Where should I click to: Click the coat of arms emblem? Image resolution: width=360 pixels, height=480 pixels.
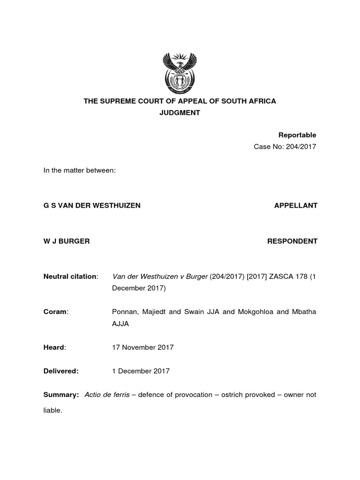tap(180, 74)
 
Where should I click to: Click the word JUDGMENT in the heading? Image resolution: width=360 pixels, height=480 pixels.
tap(180, 113)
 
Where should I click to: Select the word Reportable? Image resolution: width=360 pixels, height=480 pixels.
tap(297, 135)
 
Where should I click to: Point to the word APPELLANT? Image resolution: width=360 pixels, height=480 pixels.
tap(296, 206)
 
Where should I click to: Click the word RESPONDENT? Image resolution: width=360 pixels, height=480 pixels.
tap(292, 241)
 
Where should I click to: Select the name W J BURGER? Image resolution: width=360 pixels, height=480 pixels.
tap(67, 241)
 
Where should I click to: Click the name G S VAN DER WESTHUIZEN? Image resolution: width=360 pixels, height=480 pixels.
tap(92, 206)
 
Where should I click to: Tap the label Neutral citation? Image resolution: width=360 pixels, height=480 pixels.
tap(70, 277)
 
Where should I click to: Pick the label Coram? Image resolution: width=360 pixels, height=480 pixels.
tap(55, 312)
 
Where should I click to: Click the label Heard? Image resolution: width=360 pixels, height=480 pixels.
tap(54, 347)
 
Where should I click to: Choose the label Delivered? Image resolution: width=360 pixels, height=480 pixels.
tap(61, 371)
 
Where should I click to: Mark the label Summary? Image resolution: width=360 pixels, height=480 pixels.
tap(60, 395)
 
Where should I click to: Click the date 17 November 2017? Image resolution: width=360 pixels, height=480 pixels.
tap(142, 347)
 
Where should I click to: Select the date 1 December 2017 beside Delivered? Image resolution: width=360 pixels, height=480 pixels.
tap(141, 371)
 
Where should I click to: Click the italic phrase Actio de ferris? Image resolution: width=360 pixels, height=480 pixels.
tap(107, 395)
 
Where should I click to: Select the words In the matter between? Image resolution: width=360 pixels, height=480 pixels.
tap(79, 171)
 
